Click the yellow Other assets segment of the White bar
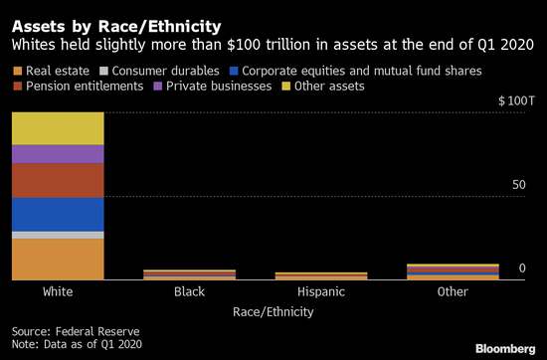(x=58, y=128)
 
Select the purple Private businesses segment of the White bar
(x=58, y=154)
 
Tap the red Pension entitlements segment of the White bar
(x=58, y=181)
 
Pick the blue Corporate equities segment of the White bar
(x=58, y=215)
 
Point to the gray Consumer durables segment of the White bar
(x=58, y=235)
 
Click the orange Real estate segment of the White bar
(x=58, y=260)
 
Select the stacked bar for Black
(x=189, y=274)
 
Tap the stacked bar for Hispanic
(x=321, y=275)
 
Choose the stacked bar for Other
(x=453, y=271)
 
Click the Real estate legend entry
(x=52, y=71)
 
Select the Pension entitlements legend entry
(x=79, y=87)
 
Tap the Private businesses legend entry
(x=213, y=87)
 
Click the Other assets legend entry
(x=323, y=87)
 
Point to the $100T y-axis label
(x=516, y=101)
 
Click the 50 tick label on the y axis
(x=519, y=185)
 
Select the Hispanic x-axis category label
(x=321, y=291)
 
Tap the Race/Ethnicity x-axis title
(x=273, y=312)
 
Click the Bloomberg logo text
(x=505, y=349)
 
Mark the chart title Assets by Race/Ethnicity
(x=116, y=27)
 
